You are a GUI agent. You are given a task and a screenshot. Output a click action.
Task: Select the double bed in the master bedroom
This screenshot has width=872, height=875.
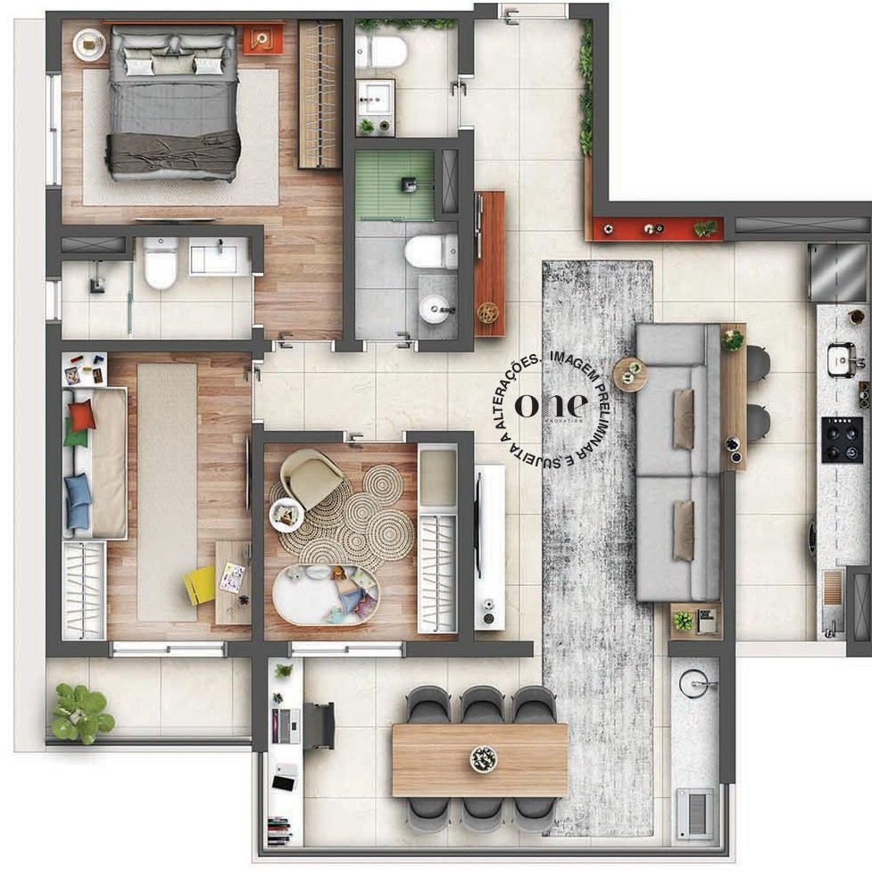[x=173, y=103]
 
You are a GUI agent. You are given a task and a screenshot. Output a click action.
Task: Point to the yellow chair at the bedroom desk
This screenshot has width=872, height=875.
[x=199, y=585]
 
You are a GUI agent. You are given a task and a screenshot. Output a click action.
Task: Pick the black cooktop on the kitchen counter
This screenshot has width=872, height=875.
[x=842, y=439]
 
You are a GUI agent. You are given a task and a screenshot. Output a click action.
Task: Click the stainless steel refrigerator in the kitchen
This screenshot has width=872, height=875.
[x=837, y=272]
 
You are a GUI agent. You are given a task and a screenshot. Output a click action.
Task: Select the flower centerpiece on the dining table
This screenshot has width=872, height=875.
[x=483, y=759]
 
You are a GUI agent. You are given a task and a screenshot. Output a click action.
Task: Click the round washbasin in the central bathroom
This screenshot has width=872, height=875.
[x=436, y=309]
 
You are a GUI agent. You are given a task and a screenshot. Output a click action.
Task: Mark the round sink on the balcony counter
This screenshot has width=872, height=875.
[x=693, y=684]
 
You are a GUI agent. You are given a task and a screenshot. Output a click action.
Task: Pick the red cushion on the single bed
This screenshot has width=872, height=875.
[x=81, y=416]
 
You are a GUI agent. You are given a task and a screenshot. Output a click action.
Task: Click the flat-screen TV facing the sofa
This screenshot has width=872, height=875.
[x=479, y=526]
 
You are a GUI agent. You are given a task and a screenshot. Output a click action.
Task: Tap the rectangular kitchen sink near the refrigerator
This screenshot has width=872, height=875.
[x=840, y=359]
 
